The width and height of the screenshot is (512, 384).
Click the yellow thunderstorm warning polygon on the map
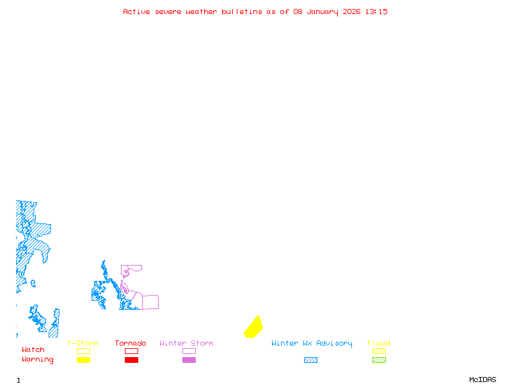253,327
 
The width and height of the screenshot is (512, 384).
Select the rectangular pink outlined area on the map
150,302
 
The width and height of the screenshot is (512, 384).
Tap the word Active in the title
137,12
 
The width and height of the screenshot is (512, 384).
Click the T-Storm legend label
83,344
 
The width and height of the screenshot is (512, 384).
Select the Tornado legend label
131,344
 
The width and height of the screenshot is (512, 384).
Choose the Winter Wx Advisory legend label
312,344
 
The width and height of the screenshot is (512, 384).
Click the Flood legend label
379,344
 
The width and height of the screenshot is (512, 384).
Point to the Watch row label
33,350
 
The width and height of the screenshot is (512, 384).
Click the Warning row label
38,360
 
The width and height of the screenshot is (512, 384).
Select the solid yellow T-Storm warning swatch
83,360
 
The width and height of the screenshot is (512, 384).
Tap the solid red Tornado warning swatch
131,360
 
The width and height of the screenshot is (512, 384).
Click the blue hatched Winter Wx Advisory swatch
310,360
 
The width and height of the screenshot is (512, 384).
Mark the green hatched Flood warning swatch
379,360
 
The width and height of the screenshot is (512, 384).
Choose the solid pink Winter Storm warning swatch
189,360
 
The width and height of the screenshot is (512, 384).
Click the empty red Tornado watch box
131,351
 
